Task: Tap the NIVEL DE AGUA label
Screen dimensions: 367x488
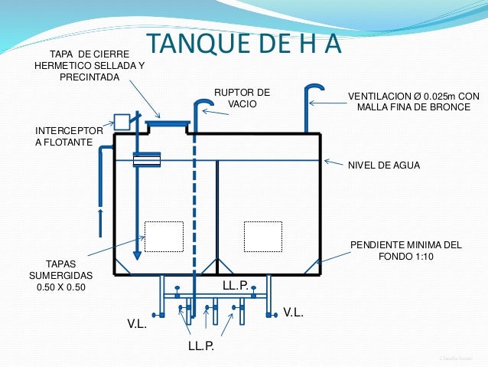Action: click(384, 165)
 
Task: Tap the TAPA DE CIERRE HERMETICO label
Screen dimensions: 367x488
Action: click(89, 66)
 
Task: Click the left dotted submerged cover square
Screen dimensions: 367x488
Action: click(164, 236)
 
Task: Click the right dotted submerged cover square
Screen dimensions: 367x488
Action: click(262, 235)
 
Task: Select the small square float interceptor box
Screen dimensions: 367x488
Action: click(121, 121)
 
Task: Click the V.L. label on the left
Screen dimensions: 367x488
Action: click(137, 324)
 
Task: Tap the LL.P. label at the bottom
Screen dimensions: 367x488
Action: click(200, 346)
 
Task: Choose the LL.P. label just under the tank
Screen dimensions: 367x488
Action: click(235, 285)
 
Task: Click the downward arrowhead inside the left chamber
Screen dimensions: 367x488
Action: click(137, 255)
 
